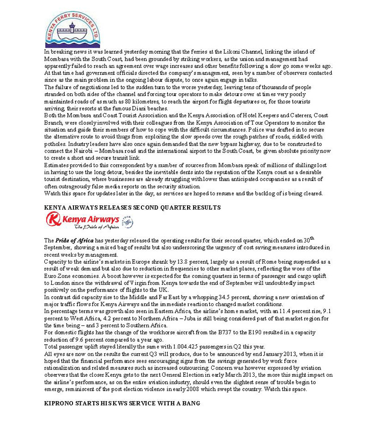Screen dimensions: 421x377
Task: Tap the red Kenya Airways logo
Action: click(82, 219)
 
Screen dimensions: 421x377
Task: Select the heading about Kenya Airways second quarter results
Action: click(132, 207)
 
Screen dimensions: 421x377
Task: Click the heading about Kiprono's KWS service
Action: click(122, 404)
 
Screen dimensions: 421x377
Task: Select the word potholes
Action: click(55, 143)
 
